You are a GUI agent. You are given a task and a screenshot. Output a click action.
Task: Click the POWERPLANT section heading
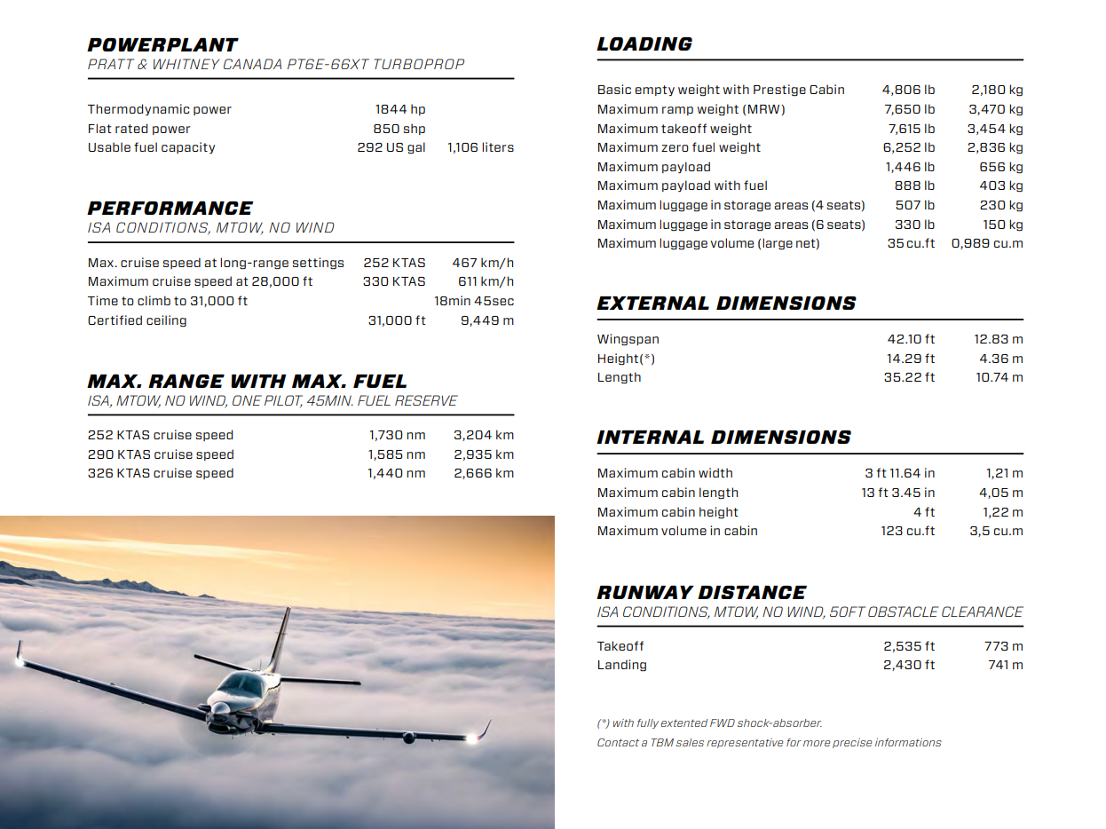point(162,45)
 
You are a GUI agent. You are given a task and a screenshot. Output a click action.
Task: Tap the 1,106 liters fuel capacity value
point(480,147)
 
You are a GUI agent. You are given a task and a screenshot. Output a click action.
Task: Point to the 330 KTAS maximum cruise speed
point(394,281)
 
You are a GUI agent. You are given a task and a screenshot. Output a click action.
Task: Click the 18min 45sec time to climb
point(473,301)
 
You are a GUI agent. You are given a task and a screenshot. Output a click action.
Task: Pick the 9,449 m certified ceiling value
point(486,320)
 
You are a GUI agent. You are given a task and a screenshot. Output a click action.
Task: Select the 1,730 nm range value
point(397,435)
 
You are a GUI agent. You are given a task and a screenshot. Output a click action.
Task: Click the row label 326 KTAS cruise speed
point(161,473)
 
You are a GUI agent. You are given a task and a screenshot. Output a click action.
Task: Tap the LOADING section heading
point(644,44)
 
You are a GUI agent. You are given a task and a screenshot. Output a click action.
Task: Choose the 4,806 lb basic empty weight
point(908,90)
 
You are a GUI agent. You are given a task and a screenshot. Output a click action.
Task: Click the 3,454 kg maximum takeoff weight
point(994,129)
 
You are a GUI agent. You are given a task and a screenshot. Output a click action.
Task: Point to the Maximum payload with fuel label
point(682,186)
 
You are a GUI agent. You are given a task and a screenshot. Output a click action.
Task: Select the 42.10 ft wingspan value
point(911,339)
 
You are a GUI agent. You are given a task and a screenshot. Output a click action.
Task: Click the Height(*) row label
point(626,359)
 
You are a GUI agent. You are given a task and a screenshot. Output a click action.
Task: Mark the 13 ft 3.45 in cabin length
point(897,493)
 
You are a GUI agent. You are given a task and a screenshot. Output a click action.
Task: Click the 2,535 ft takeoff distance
point(908,646)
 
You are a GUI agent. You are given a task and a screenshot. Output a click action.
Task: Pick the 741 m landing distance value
point(1005,665)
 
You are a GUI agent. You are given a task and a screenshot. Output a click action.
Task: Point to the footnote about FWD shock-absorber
point(709,723)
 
